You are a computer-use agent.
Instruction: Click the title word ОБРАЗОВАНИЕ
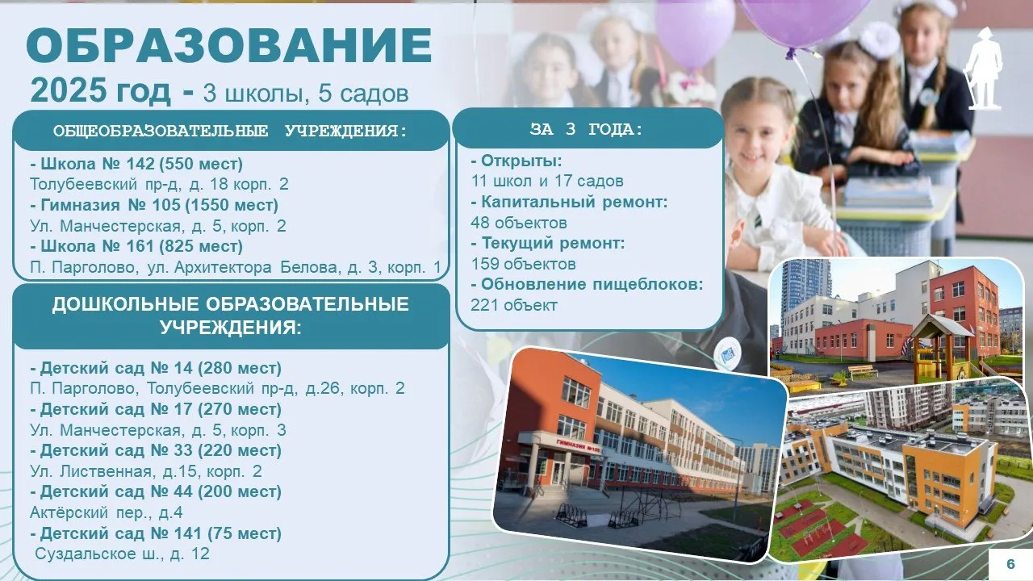point(229,46)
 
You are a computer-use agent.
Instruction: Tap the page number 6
point(1011,564)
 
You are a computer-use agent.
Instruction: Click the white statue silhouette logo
point(985,69)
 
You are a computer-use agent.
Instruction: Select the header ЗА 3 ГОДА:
point(587,129)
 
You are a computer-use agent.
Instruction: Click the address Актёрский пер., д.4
point(106,512)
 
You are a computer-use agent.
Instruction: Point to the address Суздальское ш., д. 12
point(122,554)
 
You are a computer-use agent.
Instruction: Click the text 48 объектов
point(519,223)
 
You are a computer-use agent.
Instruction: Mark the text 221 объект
point(514,305)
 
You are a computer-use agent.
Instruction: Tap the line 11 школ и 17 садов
point(547,182)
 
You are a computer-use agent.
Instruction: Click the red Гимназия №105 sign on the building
point(579,445)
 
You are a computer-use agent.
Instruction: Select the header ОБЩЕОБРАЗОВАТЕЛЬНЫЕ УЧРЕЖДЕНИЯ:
point(230,131)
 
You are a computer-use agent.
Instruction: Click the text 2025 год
point(101,90)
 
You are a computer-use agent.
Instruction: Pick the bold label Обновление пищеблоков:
point(587,285)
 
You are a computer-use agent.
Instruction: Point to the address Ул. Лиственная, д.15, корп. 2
point(146,471)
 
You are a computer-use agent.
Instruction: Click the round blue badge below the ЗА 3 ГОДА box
point(727,353)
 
